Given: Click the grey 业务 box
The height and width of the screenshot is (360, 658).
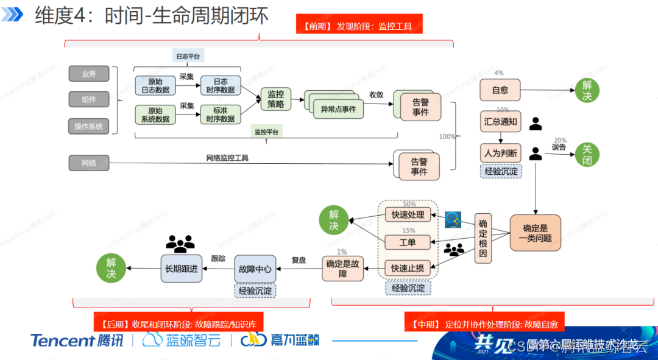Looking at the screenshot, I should coord(89,74).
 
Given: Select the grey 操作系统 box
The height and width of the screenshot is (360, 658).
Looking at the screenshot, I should coord(89,127).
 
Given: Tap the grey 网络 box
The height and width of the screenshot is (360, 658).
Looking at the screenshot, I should coord(89,163).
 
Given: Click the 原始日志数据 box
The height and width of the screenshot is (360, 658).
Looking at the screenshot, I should coord(155,86).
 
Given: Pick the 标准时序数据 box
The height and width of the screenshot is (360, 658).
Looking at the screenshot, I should coord(220,115).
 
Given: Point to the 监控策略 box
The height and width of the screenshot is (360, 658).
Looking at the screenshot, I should coord(275,99).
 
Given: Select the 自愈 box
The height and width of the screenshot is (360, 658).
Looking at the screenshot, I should coord(500,90).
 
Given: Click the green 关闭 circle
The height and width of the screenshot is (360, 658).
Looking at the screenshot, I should coord(587,155).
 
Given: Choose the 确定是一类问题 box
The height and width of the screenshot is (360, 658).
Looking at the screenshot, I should coord(535,233).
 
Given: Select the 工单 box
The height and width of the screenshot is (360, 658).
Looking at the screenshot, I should coord(408,242).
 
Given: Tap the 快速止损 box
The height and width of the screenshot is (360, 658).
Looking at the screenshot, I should coord(408,267).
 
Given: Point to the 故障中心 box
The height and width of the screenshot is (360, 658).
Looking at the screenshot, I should coord(255,269).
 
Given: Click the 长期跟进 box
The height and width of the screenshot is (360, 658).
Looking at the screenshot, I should coord(181,269).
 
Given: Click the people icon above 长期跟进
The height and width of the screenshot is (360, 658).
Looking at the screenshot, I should coord(180,244).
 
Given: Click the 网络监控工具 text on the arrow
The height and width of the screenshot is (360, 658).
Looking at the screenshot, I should coord(227,158).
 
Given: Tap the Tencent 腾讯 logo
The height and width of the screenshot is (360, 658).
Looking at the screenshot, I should coord(77,340).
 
